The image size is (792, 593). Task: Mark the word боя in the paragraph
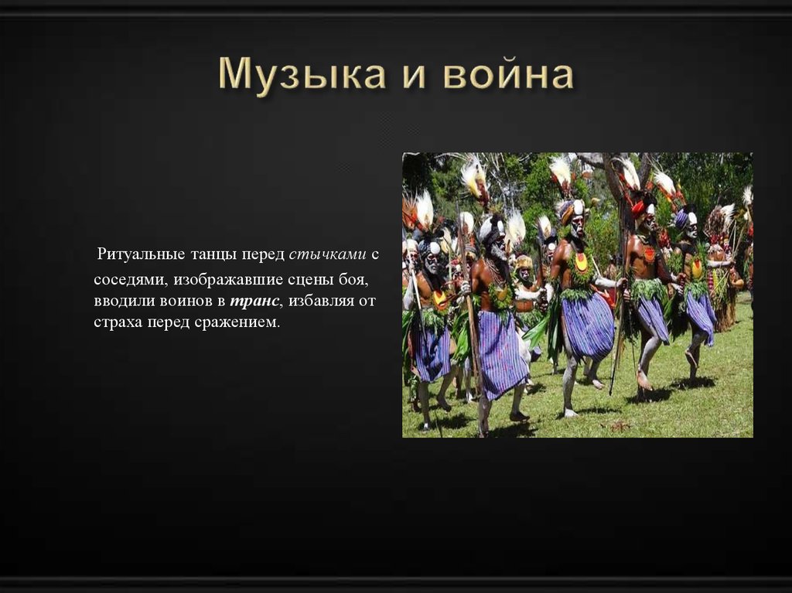pos(362,278)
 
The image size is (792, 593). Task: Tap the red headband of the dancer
pos(639,207)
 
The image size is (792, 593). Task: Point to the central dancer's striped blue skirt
pos(587,325)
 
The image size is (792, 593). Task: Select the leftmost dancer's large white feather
pos(424,209)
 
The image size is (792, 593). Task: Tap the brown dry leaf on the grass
pos(620,425)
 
